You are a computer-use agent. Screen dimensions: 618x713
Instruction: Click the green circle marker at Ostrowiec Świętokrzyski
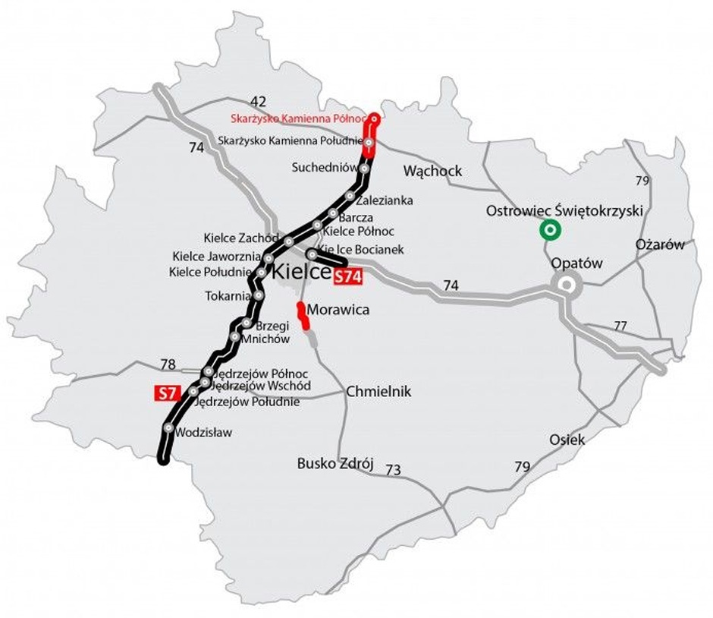click(549, 229)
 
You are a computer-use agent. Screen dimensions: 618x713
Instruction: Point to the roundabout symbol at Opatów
click(567, 286)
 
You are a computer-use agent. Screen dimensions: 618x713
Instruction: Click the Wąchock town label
click(433, 171)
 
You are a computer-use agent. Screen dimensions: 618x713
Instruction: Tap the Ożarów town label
click(659, 244)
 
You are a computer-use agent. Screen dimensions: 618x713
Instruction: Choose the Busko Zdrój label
click(336, 464)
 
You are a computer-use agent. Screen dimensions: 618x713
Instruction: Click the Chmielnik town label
click(378, 392)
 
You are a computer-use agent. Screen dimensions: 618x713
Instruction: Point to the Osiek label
click(568, 440)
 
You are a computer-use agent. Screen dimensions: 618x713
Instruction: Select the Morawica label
click(338, 311)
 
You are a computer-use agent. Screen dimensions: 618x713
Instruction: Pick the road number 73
click(392, 471)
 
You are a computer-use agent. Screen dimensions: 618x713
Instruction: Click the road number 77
click(620, 326)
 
